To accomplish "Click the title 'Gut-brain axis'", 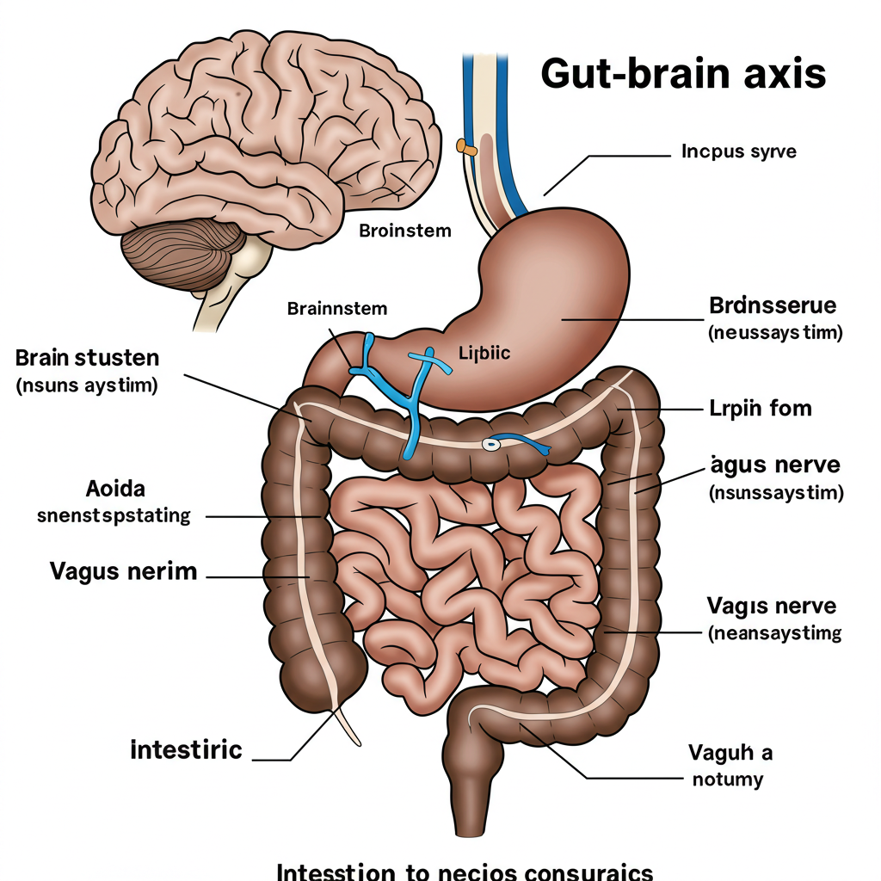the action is tap(683, 75).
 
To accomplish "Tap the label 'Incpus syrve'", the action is tap(739, 152).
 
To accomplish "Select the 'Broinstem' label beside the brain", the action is tap(404, 231).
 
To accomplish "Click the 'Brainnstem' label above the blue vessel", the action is tap(337, 308).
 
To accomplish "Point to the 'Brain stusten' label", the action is tap(87, 357).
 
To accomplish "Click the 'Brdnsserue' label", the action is tap(773, 305).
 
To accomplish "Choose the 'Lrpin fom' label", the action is tap(760, 408).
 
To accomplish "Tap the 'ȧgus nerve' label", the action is tap(774, 465).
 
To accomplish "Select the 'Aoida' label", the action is tap(116, 490).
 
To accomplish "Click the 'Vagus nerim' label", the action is tap(123, 570).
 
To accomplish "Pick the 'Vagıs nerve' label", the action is tap(771, 606).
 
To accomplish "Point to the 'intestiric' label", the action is tap(186, 750).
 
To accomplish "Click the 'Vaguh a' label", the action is tap(730, 754).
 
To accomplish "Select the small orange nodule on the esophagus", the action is tap(466, 148).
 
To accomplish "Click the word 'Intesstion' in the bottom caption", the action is tap(331, 871).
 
